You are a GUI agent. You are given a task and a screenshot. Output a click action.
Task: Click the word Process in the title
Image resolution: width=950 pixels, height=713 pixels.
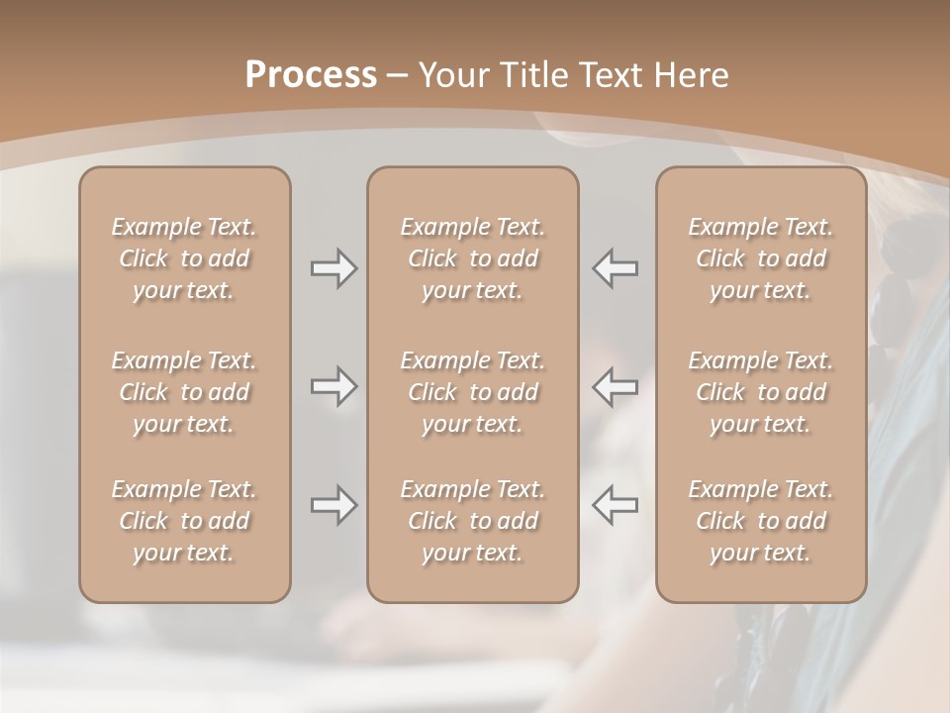[311, 75]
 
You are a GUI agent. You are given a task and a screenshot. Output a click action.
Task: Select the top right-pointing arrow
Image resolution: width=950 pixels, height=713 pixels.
[333, 268]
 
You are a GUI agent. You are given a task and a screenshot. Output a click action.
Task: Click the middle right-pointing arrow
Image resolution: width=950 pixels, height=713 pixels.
[333, 386]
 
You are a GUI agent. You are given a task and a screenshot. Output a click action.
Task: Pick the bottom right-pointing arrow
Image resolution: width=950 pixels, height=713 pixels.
[333, 505]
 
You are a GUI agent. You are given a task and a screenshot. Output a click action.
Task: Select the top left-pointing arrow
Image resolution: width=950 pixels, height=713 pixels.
[616, 268]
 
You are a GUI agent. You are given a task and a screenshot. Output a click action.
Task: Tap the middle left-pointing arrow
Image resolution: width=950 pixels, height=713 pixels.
[616, 386]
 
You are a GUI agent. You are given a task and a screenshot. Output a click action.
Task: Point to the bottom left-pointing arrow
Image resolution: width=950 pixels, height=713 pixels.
[616, 505]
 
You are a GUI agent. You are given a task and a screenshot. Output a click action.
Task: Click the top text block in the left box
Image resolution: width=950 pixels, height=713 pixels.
[184, 258]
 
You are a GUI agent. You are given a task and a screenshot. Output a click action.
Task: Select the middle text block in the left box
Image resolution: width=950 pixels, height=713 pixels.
[184, 392]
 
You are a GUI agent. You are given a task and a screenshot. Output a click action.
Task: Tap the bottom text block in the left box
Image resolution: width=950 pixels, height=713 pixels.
[184, 521]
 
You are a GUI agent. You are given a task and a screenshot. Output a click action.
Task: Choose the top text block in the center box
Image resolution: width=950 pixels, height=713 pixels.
[472, 258]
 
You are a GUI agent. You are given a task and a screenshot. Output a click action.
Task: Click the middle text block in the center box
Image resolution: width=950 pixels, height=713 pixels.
[472, 392]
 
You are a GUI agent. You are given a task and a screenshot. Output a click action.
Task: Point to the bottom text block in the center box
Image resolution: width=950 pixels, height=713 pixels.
[472, 521]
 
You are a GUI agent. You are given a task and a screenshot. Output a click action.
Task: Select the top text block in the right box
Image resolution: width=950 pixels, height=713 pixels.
[761, 258]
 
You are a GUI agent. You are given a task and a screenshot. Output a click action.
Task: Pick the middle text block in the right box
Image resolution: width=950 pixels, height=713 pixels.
[761, 392]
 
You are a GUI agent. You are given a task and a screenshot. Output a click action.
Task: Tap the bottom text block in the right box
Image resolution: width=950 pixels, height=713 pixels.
[761, 521]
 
